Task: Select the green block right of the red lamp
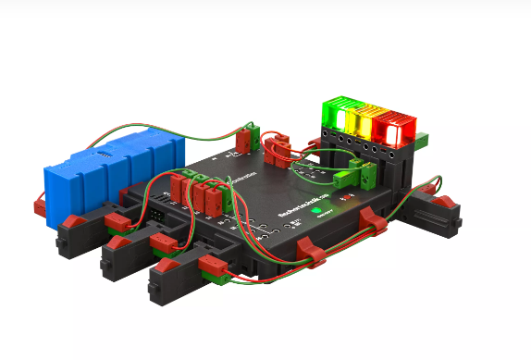(422, 141)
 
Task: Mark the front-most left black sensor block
(176, 279)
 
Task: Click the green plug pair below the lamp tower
(357, 172)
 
